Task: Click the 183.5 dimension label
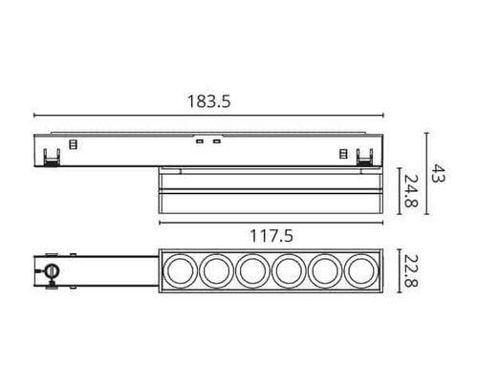pyautogui.click(x=208, y=101)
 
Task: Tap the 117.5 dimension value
pyautogui.click(x=272, y=236)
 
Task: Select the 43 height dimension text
pyautogui.click(x=438, y=173)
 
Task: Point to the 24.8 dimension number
pyautogui.click(x=411, y=191)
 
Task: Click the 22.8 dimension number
pyautogui.click(x=411, y=270)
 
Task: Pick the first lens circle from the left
pyautogui.click(x=180, y=271)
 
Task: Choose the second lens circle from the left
pyautogui.click(x=216, y=271)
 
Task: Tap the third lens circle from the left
pyautogui.click(x=252, y=271)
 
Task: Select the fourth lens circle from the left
pyautogui.click(x=289, y=271)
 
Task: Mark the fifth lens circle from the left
pyautogui.click(x=325, y=271)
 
